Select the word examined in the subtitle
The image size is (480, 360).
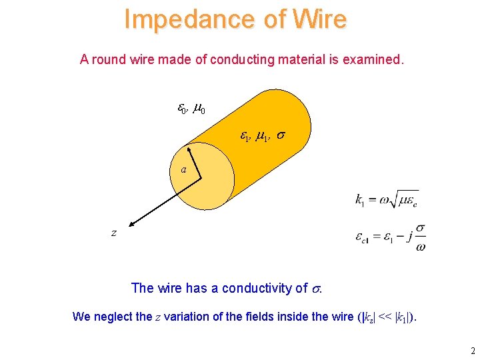(372, 59)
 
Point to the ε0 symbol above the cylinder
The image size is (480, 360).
(181, 108)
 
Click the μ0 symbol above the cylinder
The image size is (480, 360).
(199, 108)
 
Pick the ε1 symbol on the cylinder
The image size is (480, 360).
(245, 137)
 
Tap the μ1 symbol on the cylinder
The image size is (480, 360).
(263, 137)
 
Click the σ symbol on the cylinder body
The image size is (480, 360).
(282, 135)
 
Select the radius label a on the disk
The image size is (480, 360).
(183, 169)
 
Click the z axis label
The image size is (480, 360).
(114, 232)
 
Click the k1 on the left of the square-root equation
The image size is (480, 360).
(360, 199)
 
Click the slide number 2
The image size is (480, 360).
(472, 351)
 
